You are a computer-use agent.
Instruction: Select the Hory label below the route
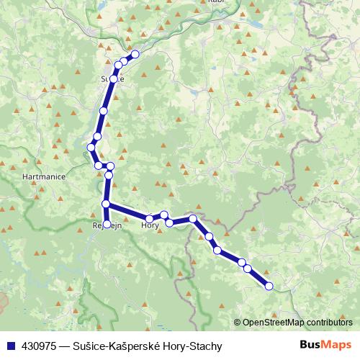(x=150, y=225)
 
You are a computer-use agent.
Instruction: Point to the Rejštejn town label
(x=107, y=225)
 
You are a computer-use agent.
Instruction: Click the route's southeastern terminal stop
(x=269, y=286)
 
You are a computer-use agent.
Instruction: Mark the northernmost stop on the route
(x=135, y=54)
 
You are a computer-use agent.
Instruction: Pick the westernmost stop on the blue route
(x=91, y=148)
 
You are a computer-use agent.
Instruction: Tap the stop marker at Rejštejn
(x=107, y=224)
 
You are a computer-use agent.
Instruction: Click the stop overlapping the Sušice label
(x=114, y=78)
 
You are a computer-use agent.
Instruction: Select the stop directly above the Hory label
(x=149, y=218)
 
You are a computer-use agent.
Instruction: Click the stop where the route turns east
(x=106, y=204)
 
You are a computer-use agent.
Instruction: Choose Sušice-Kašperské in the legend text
(x=118, y=346)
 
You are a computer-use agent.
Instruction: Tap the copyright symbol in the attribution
(x=237, y=323)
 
